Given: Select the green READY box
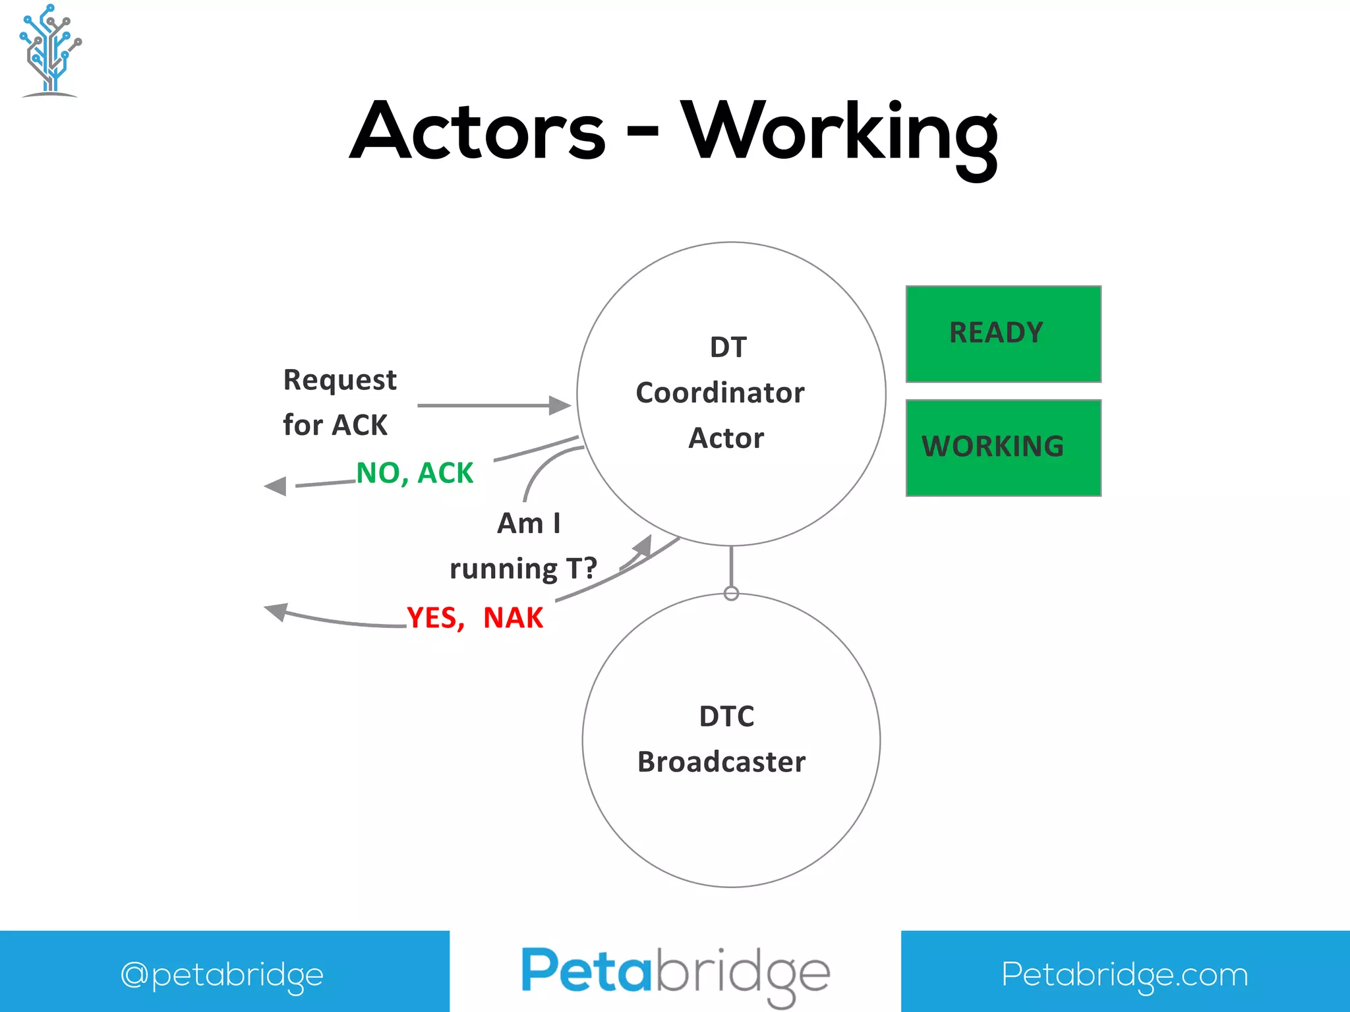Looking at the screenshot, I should click(x=1003, y=333).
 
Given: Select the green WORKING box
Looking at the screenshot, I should click(x=1003, y=447).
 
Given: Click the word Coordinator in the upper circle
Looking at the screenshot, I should click(x=720, y=393).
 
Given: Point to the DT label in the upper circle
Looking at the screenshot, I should click(x=728, y=347).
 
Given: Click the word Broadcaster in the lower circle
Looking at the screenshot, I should click(x=721, y=762).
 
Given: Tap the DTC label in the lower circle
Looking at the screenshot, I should click(x=726, y=717).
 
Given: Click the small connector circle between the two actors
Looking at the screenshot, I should click(x=731, y=593).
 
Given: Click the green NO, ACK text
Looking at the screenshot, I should click(x=415, y=473).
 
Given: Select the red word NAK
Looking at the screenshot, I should click(x=513, y=618).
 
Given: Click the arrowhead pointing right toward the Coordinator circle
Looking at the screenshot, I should click(x=560, y=405).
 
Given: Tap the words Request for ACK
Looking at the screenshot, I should click(x=339, y=402).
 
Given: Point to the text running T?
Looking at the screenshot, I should click(x=523, y=569).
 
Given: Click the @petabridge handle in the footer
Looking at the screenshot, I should click(x=222, y=974).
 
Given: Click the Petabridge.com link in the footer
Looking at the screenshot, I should click(x=1125, y=974).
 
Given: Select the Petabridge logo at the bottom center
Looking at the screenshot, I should click(x=675, y=973).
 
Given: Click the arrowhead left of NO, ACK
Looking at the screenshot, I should click(x=276, y=486).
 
